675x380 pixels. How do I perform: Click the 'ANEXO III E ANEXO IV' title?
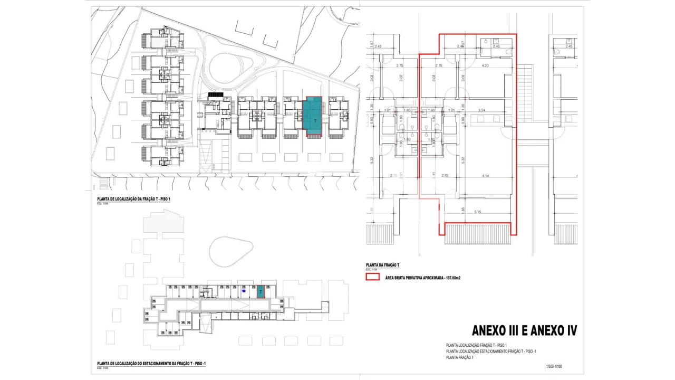[524, 331]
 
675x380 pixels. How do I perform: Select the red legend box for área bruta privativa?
[373, 277]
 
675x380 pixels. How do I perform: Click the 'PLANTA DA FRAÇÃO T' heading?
[382, 265]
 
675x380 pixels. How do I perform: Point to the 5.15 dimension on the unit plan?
[478, 212]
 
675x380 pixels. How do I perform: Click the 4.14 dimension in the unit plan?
[485, 175]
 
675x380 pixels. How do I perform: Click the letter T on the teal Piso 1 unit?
[315, 121]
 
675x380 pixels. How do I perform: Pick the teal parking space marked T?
[261, 292]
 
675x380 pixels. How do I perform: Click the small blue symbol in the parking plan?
[243, 290]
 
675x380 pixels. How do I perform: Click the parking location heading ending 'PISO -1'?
[151, 364]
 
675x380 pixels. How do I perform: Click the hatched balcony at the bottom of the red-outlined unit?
[478, 233]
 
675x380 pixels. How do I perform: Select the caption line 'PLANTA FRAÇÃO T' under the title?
[460, 357]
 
